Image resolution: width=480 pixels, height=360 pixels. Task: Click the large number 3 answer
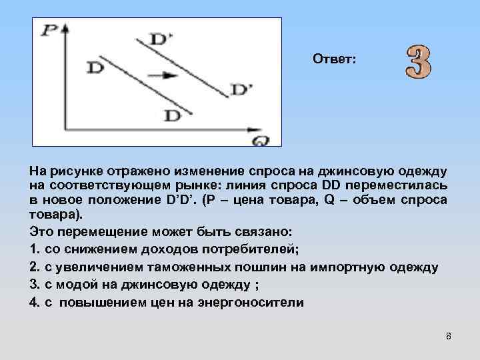(x=418, y=61)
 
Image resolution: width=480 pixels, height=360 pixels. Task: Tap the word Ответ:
(x=335, y=60)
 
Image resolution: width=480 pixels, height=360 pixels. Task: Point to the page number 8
(x=449, y=336)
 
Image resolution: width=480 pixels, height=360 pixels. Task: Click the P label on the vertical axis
(x=49, y=30)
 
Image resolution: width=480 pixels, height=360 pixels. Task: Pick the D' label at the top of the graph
(x=161, y=39)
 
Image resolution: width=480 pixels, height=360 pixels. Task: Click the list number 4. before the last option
(x=35, y=301)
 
